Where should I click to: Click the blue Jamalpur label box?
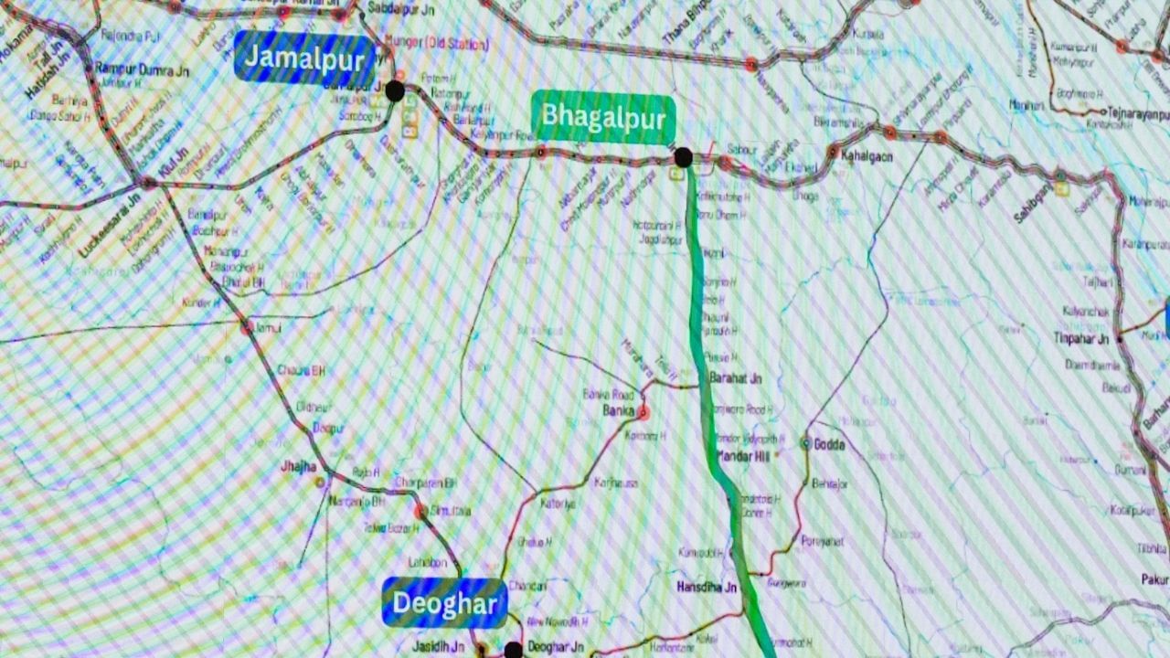[305, 58]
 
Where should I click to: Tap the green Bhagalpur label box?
[603, 118]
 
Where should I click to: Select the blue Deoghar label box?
[444, 603]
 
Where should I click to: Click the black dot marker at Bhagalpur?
[683, 157]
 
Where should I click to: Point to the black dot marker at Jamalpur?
[395, 90]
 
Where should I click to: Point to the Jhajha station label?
[298, 467]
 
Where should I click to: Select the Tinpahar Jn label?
[1080, 339]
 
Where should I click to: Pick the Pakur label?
[1154, 579]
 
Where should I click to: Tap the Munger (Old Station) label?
[438, 43]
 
